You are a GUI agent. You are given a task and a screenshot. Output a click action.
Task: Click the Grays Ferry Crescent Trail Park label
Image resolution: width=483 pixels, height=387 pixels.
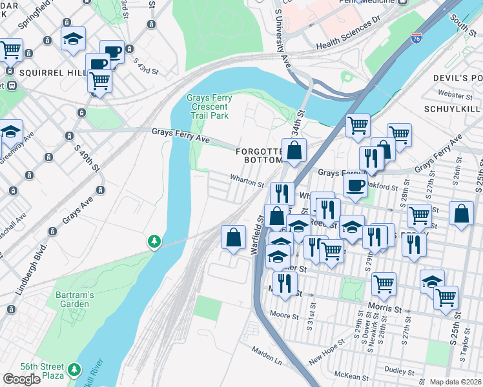point(208,106)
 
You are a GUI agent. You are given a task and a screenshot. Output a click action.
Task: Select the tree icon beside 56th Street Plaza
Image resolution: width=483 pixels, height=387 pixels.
point(76,369)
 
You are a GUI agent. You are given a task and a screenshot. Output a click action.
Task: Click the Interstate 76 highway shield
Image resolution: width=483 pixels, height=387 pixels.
point(417,39)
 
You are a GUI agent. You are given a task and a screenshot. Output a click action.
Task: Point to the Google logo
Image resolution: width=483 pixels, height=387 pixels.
point(21,379)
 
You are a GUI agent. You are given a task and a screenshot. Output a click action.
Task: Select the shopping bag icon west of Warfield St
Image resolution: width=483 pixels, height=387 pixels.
point(233,237)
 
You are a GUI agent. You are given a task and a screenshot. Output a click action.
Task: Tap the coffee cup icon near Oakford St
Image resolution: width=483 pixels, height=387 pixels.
point(355,186)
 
